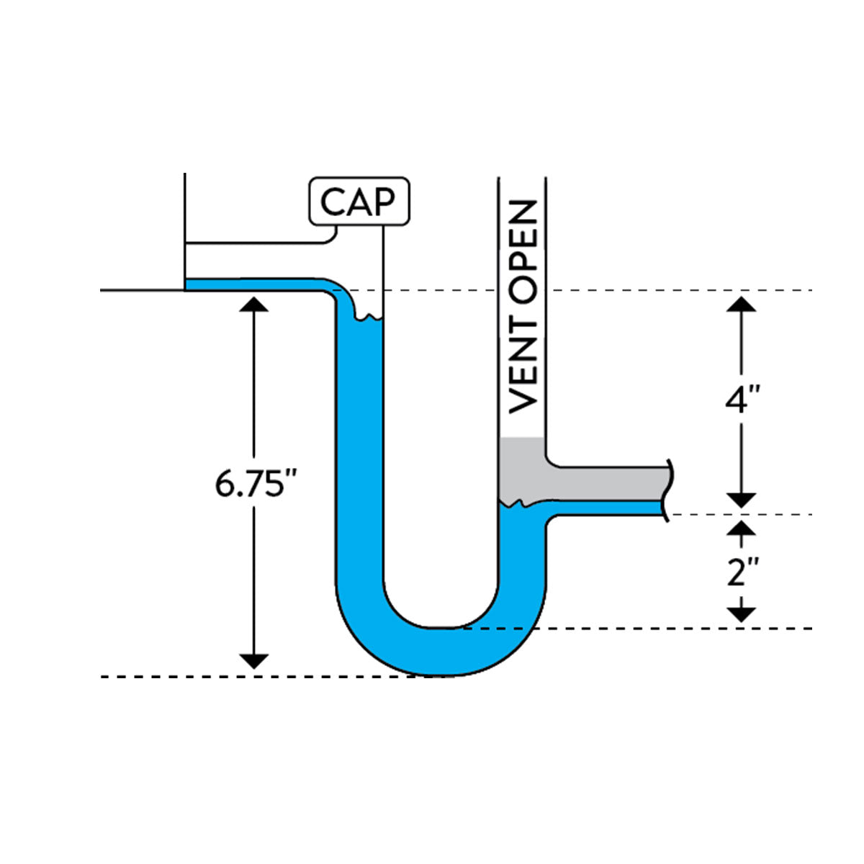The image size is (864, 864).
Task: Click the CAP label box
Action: [359, 201]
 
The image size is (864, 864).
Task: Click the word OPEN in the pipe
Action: [523, 245]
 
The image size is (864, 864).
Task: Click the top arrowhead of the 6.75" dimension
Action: [253, 303]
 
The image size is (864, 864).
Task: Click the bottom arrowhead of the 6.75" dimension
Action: [253, 661]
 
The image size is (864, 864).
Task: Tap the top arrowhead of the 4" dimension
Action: [742, 303]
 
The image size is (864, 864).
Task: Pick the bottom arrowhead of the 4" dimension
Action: [742, 500]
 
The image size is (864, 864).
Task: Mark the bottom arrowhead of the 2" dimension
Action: [742, 614]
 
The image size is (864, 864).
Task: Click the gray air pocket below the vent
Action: [522, 468]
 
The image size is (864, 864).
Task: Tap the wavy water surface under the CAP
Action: [369, 317]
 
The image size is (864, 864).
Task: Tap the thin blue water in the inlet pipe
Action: [252, 284]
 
